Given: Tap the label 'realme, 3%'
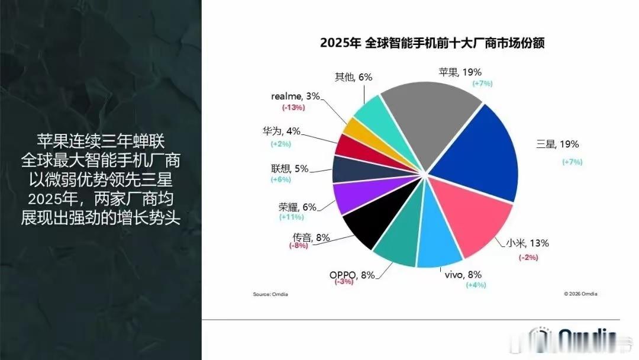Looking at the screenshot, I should (x=295, y=97).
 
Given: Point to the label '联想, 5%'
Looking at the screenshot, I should (x=293, y=169).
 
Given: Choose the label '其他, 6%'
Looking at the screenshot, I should (x=353, y=77).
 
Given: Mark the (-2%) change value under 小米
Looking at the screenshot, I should (x=528, y=257).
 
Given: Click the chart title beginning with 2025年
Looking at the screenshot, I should (x=432, y=43).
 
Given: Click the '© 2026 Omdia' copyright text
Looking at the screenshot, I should (x=580, y=294).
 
